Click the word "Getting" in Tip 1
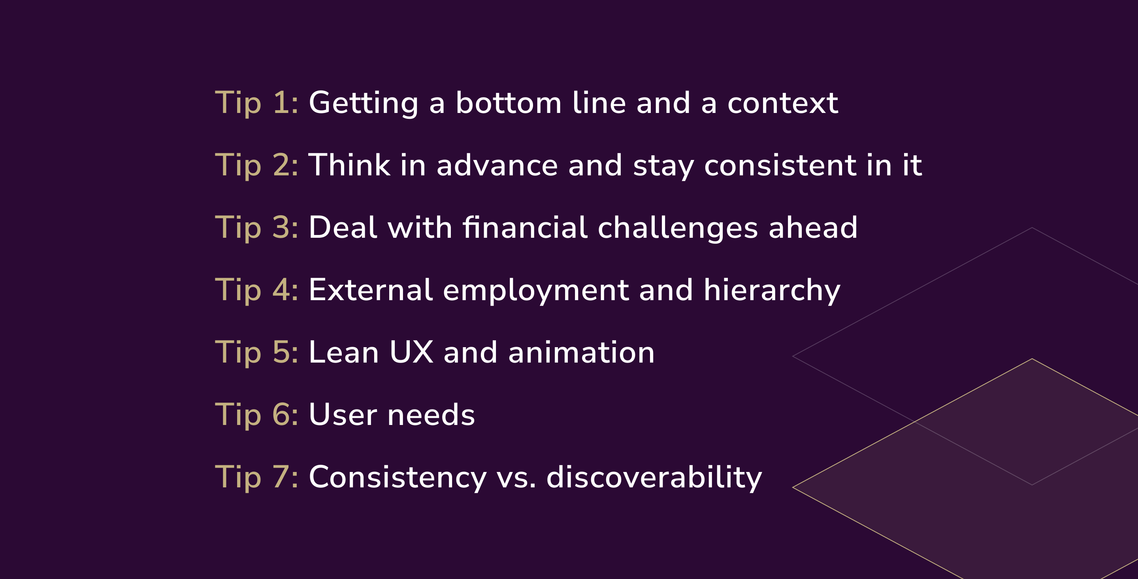click(x=363, y=103)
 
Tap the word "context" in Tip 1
click(x=782, y=103)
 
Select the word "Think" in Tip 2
click(x=349, y=165)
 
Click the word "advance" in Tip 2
click(x=497, y=165)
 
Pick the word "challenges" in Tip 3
click(x=678, y=228)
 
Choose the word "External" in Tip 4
click(x=370, y=290)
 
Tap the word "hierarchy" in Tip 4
click(x=772, y=290)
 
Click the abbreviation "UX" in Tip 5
click(x=411, y=352)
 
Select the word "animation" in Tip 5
click(x=581, y=352)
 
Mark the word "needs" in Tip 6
click(x=431, y=415)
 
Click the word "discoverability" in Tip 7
click(x=654, y=477)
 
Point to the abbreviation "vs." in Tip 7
click(x=516, y=478)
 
